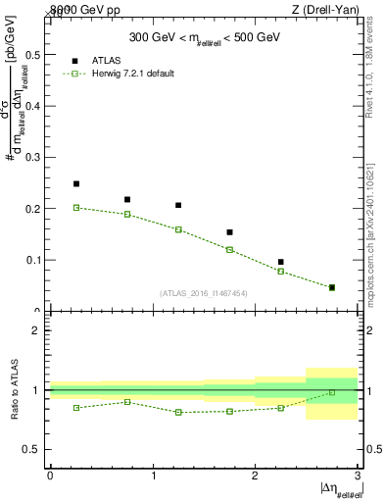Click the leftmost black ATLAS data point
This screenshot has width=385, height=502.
(x=76, y=183)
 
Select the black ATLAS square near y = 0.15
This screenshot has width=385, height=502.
(x=229, y=232)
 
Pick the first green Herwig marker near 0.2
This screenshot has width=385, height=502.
(x=76, y=207)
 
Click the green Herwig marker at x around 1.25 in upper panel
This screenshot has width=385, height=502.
(x=178, y=229)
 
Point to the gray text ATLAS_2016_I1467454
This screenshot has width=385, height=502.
(x=204, y=293)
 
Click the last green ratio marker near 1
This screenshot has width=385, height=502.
(x=331, y=392)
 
